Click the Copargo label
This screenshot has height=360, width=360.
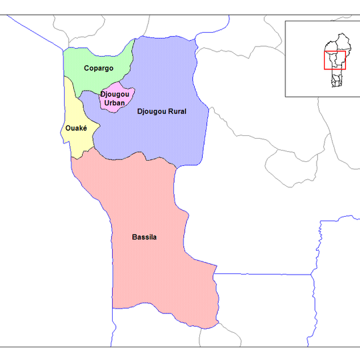99,68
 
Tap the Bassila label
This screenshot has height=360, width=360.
145,237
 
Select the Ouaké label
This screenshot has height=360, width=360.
76,128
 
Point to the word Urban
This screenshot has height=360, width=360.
115,102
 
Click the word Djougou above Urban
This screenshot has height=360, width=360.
115,94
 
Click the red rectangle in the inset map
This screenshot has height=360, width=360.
335,60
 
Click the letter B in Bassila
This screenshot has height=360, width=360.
135,237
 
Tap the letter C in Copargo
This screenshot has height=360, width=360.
87,68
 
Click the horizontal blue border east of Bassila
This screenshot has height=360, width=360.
267,274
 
